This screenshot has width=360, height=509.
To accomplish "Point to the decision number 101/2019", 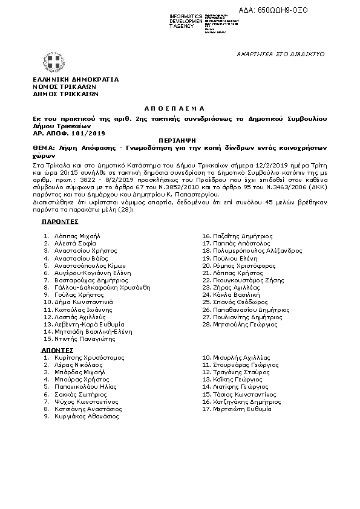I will coord(89,132).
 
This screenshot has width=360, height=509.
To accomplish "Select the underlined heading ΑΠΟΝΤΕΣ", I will coord(57,350).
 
